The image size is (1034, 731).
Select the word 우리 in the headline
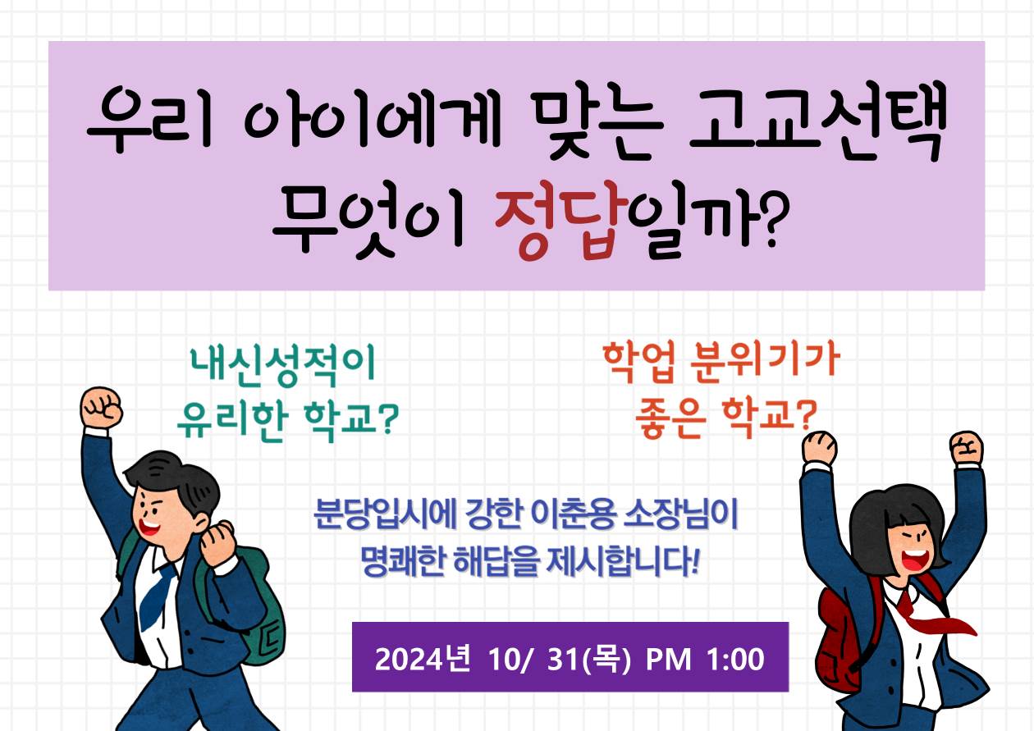click(149, 119)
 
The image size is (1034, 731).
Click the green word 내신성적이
click(283, 365)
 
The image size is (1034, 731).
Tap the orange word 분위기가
click(765, 363)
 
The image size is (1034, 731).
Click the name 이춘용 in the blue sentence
click(574, 514)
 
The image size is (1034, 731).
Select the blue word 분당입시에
click(385, 514)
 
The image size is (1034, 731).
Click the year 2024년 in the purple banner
click(423, 659)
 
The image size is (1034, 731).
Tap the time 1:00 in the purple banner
click(735, 659)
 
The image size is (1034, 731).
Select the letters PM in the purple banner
click(668, 659)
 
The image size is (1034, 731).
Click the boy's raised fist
click(101, 408)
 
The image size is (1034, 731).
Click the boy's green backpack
click(249, 609)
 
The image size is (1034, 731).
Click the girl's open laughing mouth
click(914, 560)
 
